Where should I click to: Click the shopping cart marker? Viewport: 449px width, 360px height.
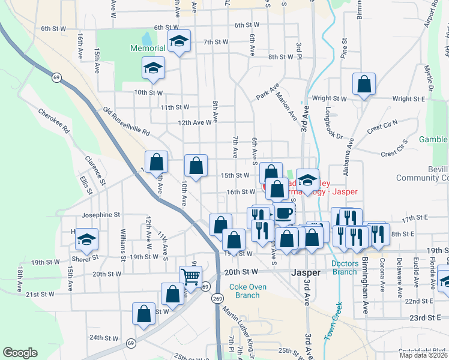click(x=190, y=277)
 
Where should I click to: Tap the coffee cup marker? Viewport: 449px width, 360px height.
click(x=284, y=212)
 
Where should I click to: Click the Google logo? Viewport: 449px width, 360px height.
click(x=20, y=353)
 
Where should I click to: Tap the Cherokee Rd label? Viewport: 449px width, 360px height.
click(x=54, y=121)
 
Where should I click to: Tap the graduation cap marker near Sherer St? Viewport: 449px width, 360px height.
click(x=87, y=239)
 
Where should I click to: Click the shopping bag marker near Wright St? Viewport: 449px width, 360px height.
click(x=364, y=85)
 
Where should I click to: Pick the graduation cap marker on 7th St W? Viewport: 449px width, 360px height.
click(x=178, y=41)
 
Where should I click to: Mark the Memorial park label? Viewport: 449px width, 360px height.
click(x=148, y=48)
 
